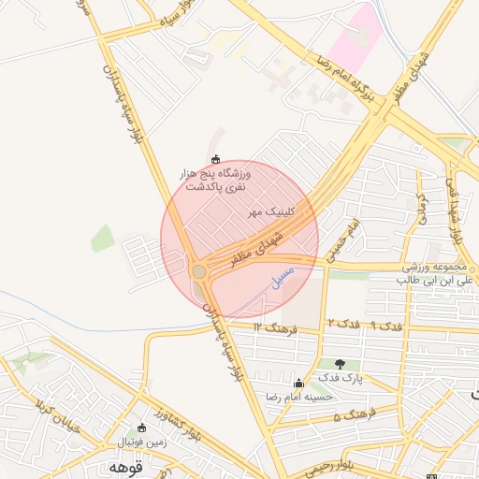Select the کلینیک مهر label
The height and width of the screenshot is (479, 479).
[271, 212]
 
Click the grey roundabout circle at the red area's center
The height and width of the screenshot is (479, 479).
[199, 271]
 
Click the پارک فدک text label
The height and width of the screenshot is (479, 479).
[339, 377]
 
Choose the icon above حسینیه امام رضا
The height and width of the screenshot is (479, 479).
[298, 382]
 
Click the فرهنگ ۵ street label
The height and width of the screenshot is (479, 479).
[354, 414]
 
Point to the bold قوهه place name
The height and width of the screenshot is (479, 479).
[123, 466]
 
